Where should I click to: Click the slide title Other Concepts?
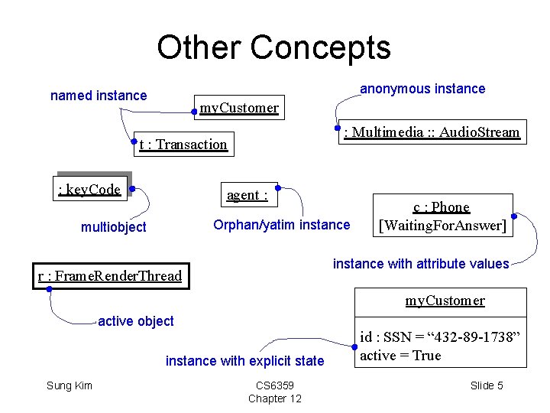[273, 47]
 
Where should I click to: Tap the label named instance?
[99, 96]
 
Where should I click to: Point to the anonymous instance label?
[422, 89]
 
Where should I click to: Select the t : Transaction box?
[183, 145]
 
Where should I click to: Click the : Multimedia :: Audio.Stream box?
[432, 132]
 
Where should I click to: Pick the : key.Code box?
[89, 190]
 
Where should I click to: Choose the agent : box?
[247, 195]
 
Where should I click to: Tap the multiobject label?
[114, 227]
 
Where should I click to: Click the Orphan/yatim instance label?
[281, 225]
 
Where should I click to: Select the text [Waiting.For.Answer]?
[442, 226]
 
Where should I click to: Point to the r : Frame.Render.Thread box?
[111, 276]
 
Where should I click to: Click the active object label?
[136, 321]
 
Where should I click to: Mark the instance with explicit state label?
[244, 361]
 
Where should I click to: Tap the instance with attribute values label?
[421, 264]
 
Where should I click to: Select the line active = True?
[400, 356]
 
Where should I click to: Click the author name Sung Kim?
[70, 385]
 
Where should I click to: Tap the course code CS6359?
[275, 385]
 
